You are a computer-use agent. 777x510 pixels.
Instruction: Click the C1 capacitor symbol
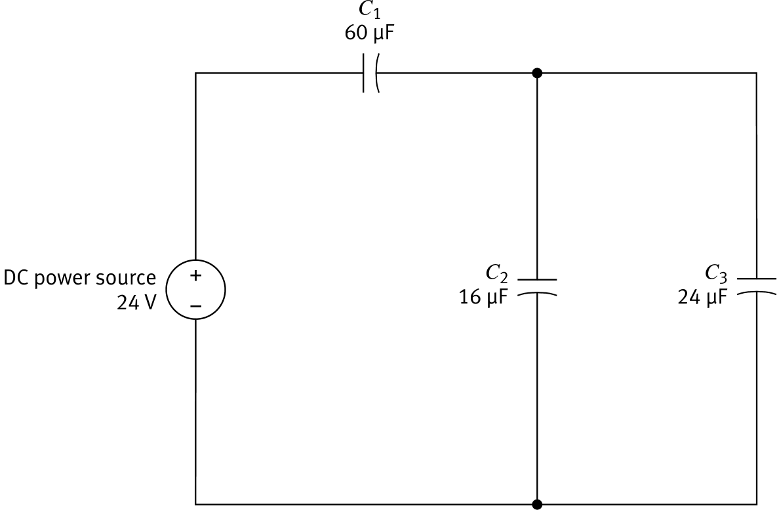pos(370,73)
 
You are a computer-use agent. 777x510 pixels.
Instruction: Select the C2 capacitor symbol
pos(537,287)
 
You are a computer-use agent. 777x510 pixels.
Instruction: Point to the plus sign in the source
pos(195,276)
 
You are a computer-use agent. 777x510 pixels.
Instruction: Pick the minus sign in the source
pos(195,305)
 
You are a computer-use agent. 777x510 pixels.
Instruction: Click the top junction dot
pos(537,73)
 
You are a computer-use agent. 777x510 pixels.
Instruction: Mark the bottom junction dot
pos(537,503)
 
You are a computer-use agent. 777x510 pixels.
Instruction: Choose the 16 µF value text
pos(483,298)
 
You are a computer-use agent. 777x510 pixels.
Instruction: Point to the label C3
pos(716,272)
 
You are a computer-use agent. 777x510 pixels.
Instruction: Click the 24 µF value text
pos(702,298)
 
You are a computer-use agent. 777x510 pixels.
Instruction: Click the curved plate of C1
pos(376,73)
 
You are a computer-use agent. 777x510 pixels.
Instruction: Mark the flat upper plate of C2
pos(537,279)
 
